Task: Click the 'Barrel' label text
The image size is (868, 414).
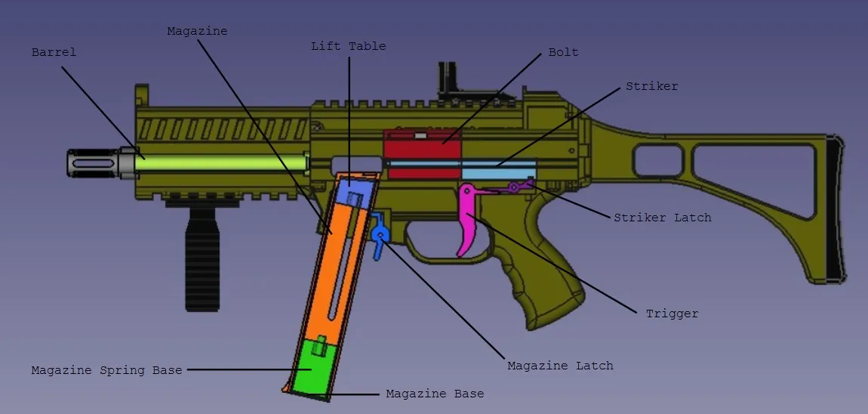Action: click(54, 53)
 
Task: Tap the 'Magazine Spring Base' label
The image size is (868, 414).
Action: click(107, 370)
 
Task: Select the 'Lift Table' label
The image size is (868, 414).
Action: click(348, 46)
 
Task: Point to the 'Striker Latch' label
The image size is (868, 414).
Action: click(662, 218)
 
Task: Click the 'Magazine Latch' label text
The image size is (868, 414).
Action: click(560, 366)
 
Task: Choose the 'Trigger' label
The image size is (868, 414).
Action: click(672, 314)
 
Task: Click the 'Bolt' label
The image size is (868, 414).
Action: click(564, 53)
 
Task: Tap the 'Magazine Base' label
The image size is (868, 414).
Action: click(435, 394)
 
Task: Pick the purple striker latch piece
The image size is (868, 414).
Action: click(516, 187)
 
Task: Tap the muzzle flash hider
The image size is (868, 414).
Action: click(94, 163)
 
